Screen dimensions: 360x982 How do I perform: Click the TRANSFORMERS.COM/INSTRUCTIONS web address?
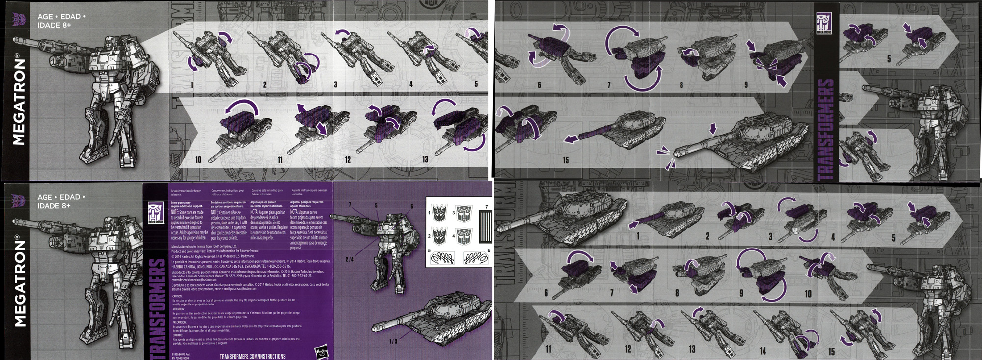[252, 356]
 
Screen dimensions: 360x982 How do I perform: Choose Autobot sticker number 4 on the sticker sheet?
[464, 237]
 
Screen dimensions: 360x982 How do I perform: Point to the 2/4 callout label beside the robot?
[349, 259]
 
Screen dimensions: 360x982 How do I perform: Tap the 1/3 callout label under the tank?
[393, 341]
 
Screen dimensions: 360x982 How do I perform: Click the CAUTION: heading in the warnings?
[177, 296]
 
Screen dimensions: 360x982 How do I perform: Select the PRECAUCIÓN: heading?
[179, 322]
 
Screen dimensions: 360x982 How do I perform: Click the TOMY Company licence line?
[204, 246]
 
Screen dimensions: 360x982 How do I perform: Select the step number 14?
[763, 350]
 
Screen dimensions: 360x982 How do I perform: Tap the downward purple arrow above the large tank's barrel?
[713, 129]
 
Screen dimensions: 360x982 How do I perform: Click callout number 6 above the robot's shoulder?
[412, 206]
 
